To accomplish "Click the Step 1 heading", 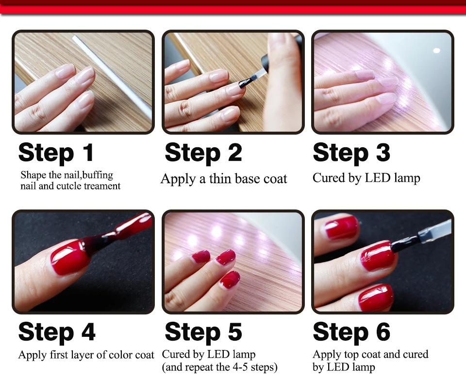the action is (56, 152).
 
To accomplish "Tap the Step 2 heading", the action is (203, 152).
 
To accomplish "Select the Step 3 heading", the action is (351, 152).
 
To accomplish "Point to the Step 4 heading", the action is (57, 332).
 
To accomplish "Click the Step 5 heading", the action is (203, 332).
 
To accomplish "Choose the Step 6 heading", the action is (351, 332).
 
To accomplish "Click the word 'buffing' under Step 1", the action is (98, 175).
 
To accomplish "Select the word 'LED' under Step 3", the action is (378, 178).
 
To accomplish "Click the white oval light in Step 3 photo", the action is (436, 51).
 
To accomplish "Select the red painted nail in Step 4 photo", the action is (69, 258).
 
